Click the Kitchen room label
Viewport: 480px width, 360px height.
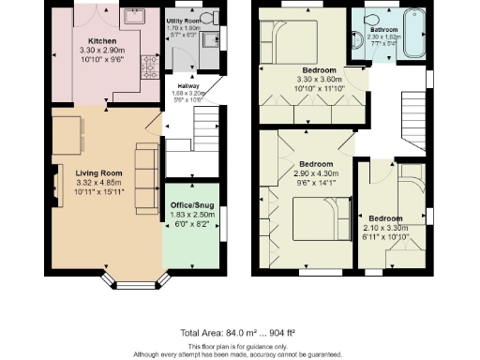point(101,41)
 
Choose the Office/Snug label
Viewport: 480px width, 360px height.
point(190,204)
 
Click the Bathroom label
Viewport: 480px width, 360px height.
point(382,29)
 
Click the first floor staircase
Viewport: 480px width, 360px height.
point(412,113)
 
